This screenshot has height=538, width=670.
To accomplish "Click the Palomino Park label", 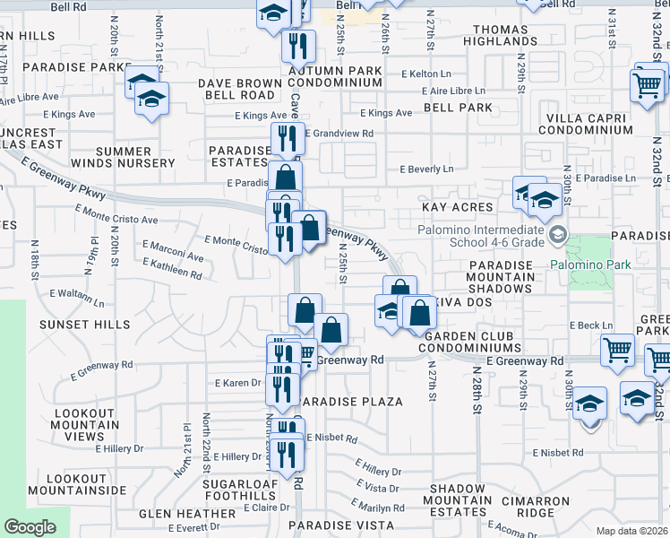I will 590,265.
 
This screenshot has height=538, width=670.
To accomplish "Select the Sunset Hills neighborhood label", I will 91,325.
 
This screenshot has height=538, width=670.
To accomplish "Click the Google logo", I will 30,526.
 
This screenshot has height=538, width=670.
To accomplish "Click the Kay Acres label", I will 458,207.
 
